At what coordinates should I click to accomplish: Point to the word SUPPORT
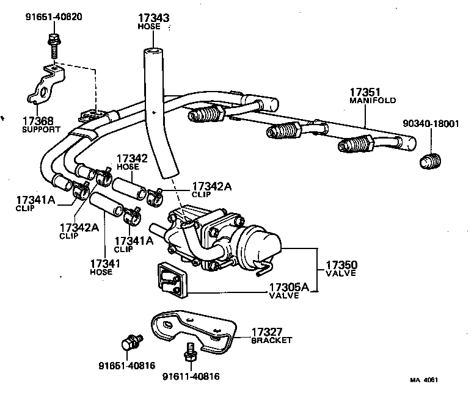click(x=41, y=129)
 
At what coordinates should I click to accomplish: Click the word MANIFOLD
click(x=373, y=100)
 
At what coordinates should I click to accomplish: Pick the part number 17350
click(x=341, y=265)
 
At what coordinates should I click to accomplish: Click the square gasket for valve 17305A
click(x=173, y=279)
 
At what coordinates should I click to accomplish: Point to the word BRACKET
click(x=272, y=340)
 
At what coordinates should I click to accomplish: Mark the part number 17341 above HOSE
click(x=104, y=263)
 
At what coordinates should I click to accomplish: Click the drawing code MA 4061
click(x=424, y=380)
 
